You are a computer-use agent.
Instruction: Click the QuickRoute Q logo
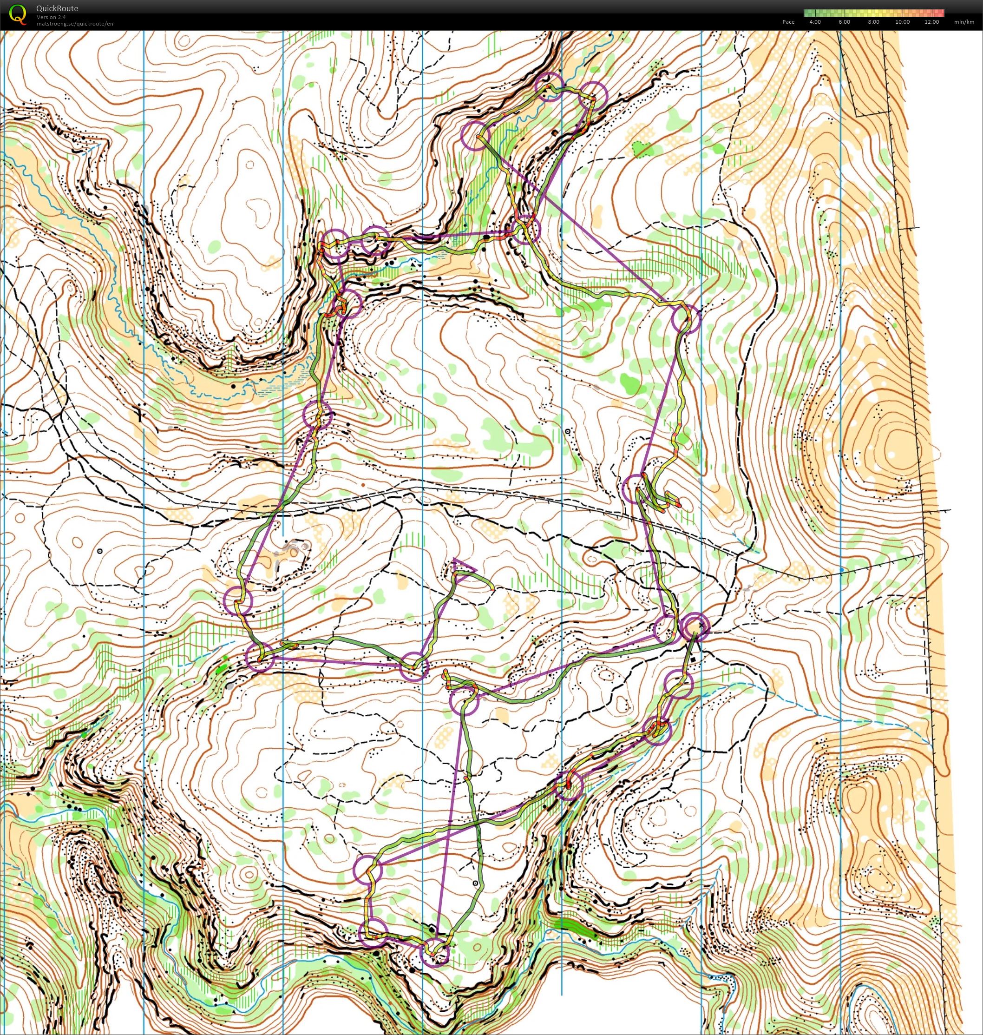tap(18, 13)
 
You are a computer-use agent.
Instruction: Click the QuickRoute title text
tap(57, 8)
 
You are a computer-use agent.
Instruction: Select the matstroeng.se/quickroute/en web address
tap(74, 24)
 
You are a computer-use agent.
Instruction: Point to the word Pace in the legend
tap(788, 22)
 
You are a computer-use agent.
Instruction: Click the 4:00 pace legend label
tap(815, 22)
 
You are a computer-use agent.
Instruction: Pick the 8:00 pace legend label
tap(873, 22)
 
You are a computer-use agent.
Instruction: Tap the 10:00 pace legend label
tap(902, 22)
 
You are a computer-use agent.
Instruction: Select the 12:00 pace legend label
tap(931, 22)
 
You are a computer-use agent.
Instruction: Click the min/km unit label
tap(964, 22)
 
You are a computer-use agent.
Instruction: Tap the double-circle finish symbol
tap(695, 626)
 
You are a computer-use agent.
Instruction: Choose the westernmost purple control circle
tap(237, 600)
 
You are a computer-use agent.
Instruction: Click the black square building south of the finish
tap(695, 659)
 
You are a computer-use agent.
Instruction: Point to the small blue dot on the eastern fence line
tap(841, 569)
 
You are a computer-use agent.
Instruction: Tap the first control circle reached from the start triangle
tap(414, 666)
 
